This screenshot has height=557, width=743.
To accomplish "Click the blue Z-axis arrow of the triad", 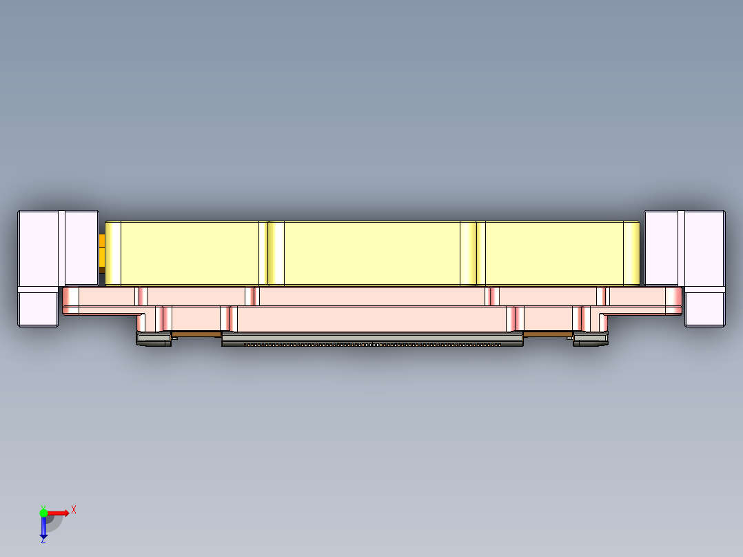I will click(x=43, y=527).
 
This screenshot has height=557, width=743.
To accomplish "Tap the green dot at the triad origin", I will click(x=43, y=512).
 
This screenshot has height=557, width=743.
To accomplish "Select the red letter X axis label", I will click(x=74, y=509).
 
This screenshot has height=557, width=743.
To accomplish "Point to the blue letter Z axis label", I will click(x=43, y=540).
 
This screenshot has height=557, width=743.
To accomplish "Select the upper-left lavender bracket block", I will click(x=58, y=248).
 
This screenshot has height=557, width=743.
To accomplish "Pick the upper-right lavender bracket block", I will click(x=684, y=248).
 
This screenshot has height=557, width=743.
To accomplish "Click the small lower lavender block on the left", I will click(x=37, y=307).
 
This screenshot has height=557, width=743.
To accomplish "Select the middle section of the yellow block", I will click(x=372, y=253).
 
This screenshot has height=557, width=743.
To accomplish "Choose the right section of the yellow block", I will click(x=555, y=253).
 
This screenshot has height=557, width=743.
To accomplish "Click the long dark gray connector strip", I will click(x=372, y=339).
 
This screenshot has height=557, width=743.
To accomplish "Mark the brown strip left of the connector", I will click(x=196, y=334).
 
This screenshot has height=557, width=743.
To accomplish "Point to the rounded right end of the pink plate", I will click(x=674, y=301).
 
